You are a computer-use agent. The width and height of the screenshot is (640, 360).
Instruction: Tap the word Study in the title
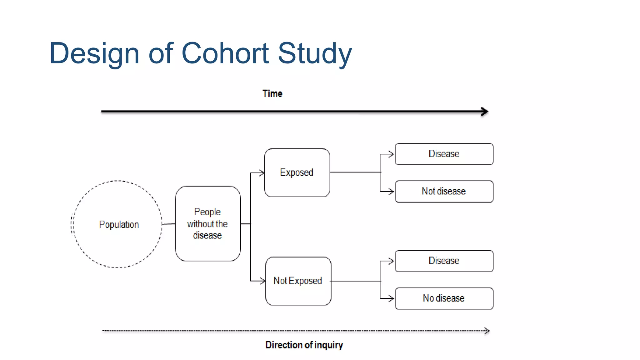[x=315, y=54]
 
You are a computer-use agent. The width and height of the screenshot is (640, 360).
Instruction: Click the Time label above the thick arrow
[x=272, y=93]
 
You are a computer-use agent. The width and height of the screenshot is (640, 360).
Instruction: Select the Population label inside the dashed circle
[x=119, y=224]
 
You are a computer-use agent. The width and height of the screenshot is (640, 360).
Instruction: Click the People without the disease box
[x=208, y=223]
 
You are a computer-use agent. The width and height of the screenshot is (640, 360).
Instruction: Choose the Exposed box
[x=297, y=172]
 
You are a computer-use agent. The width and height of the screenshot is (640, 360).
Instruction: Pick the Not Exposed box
[x=298, y=281]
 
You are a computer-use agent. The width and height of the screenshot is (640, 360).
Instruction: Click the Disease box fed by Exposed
[x=444, y=154]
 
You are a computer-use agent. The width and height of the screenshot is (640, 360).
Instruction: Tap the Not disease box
[x=444, y=191]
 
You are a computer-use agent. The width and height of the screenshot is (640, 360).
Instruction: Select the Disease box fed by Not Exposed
[x=444, y=261]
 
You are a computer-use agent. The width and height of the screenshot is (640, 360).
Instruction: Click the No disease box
[x=444, y=298]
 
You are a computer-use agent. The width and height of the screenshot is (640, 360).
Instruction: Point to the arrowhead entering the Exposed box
[x=262, y=173]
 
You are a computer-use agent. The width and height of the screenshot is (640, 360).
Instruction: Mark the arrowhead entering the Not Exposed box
[x=263, y=281]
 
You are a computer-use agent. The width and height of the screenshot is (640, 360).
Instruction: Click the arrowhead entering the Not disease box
[x=391, y=191]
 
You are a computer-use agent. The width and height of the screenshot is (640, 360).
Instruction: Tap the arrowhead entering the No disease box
[x=391, y=298]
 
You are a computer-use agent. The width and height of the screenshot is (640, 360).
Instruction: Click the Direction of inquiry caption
[x=304, y=345]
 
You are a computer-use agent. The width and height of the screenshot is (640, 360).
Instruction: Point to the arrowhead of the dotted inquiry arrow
[x=487, y=331]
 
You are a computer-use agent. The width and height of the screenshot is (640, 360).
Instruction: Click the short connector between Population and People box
[x=168, y=224]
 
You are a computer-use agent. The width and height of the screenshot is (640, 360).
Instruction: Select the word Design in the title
[x=94, y=54]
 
